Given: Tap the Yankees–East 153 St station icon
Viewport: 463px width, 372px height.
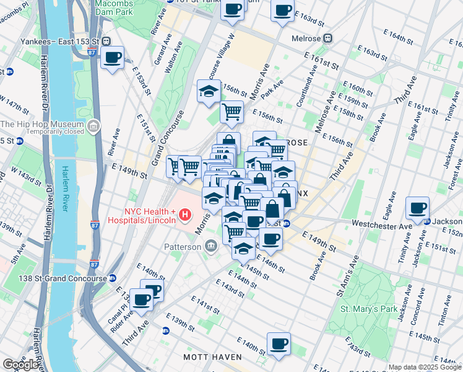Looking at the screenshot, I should pos(106,41).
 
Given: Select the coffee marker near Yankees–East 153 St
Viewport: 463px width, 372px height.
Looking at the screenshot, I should pos(112,58).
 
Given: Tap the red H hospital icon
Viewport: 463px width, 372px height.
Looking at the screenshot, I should pos(184,215).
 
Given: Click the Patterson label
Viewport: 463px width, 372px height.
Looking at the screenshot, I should pos(183,247).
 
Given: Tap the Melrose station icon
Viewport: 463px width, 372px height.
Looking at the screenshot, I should pos(328,38).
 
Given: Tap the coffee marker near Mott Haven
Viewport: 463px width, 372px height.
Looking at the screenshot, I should pos(279,343).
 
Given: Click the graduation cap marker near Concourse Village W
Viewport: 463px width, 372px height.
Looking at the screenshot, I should pos(209,91).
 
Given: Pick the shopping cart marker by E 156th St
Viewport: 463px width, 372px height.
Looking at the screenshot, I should pos(231,112).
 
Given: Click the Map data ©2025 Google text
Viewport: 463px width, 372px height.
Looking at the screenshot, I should pos(425,367).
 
